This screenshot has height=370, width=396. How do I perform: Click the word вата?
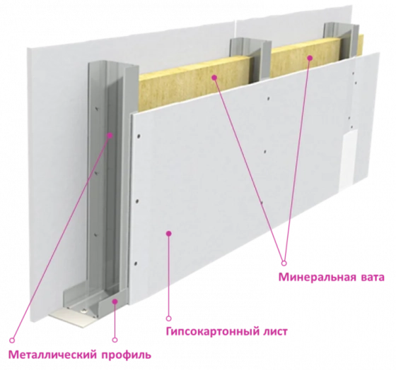(371, 277)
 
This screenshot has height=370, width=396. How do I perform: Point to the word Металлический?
(52, 355)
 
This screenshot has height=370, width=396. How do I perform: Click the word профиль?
(127, 355)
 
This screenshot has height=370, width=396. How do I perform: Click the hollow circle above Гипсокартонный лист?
(169, 318)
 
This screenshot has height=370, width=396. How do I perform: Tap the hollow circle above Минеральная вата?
(284, 263)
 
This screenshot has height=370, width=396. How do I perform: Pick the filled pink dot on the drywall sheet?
(169, 233)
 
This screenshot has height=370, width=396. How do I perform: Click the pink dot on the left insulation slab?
(214, 78)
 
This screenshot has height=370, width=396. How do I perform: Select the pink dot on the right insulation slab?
(310, 58)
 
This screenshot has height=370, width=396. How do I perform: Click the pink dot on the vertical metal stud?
(110, 136)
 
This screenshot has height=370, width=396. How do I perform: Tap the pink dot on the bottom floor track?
(115, 301)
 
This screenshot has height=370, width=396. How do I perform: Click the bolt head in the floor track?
(83, 311)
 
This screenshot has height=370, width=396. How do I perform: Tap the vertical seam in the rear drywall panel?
(234, 29)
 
